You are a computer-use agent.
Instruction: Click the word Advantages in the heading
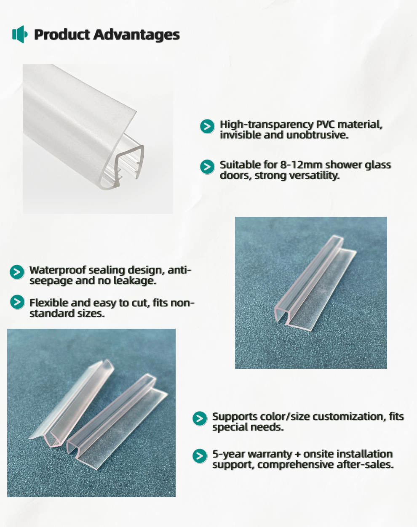(136, 35)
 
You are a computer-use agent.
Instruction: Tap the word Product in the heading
(62, 34)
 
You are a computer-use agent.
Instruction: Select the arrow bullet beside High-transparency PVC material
(207, 126)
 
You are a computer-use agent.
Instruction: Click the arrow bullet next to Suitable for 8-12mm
(207, 167)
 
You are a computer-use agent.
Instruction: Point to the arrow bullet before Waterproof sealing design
(17, 272)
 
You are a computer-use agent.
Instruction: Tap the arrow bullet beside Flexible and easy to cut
(17, 302)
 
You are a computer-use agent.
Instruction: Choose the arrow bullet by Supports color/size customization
(200, 418)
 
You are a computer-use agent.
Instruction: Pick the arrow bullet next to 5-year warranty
(200, 456)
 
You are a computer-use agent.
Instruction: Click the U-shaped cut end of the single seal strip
(281, 316)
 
